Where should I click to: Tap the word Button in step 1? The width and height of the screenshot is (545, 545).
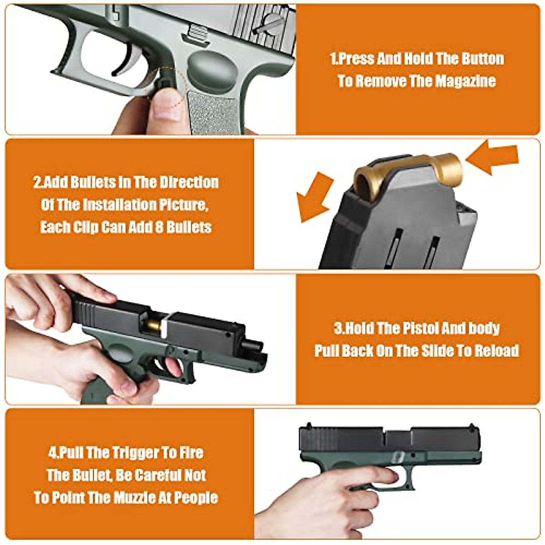482,59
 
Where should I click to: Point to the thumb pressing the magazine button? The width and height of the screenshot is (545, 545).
166,107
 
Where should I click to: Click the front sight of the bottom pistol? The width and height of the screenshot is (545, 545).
472,425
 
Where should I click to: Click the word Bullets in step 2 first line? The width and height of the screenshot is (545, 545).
84,183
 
